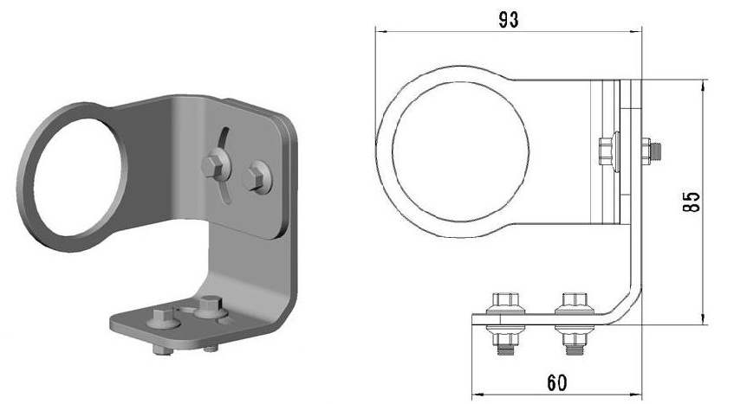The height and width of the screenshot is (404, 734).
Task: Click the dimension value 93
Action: point(509,20)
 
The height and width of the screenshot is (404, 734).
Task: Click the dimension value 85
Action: point(692,202)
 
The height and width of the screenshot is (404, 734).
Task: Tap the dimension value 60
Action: point(556,383)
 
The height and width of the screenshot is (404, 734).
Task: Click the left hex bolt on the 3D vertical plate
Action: point(212,165)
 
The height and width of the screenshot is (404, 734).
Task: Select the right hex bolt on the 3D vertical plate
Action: point(254,177)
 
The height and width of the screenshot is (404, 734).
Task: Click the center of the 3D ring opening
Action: point(78,177)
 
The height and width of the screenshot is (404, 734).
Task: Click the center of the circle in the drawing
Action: point(461,152)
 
